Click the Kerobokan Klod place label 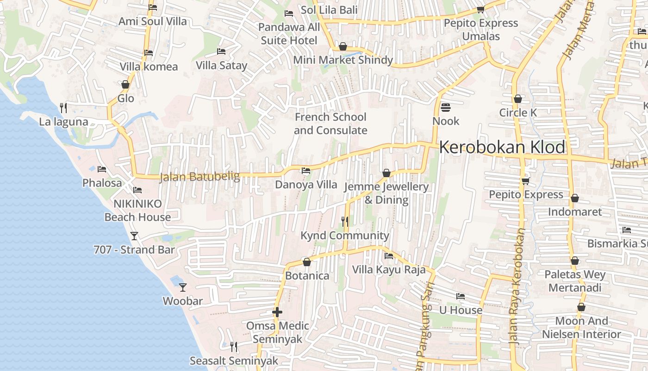pyautogui.click(x=502, y=147)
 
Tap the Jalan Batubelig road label pyautogui.click(x=199, y=177)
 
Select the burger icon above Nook pyautogui.click(x=446, y=108)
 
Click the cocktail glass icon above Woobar pyautogui.click(x=183, y=288)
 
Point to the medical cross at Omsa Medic pyautogui.click(x=277, y=312)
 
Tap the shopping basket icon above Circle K pyautogui.click(x=518, y=99)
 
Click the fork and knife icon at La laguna pyautogui.click(x=63, y=108)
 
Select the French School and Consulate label pyautogui.click(x=330, y=124)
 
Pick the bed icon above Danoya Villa pyautogui.click(x=306, y=171)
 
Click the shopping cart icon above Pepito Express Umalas pyautogui.click(x=480, y=9)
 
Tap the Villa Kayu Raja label pyautogui.click(x=389, y=269)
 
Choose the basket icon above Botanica pyautogui.click(x=306, y=262)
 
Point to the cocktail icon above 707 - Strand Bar pyautogui.click(x=134, y=236)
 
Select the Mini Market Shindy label pyautogui.click(x=343, y=60)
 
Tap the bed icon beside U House pyautogui.click(x=460, y=296)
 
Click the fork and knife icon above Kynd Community pyautogui.click(x=344, y=222)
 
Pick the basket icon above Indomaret pyautogui.click(x=575, y=198)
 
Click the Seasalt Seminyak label pyautogui.click(x=234, y=361)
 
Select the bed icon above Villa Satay pyautogui.click(x=221, y=51)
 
